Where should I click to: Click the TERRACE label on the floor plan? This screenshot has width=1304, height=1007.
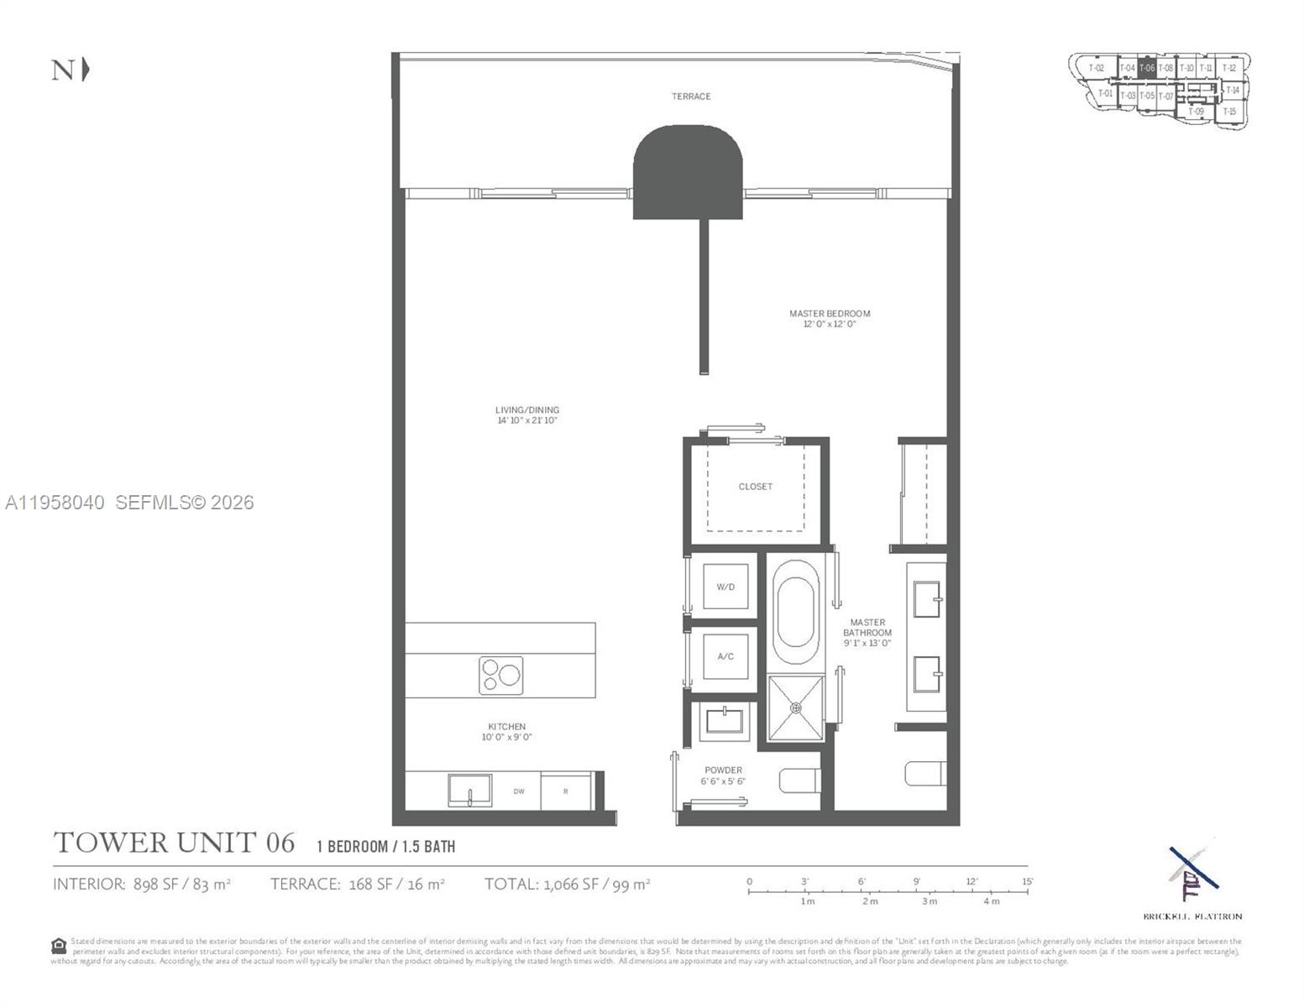pyautogui.click(x=690, y=97)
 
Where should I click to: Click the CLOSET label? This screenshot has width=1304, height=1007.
pyautogui.click(x=755, y=487)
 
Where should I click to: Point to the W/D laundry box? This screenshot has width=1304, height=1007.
pyautogui.click(x=725, y=587)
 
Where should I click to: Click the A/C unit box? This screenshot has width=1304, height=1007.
pyautogui.click(x=725, y=656)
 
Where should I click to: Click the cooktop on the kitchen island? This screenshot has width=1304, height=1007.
pyautogui.click(x=500, y=676)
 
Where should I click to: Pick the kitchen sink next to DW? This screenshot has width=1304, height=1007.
pyautogui.click(x=469, y=790)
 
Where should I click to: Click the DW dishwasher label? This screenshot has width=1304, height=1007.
pyautogui.click(x=519, y=791)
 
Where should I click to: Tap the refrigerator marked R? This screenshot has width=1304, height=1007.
pyautogui.click(x=566, y=791)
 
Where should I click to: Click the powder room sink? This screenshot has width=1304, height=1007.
pyautogui.click(x=725, y=721)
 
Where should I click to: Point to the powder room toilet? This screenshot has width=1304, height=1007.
pyautogui.click(x=799, y=780)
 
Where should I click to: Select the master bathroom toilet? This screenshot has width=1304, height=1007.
pyautogui.click(x=926, y=773)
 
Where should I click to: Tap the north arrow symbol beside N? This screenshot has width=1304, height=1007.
pyautogui.click(x=86, y=70)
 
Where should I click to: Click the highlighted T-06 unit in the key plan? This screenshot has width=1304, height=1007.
pyautogui.click(x=1147, y=68)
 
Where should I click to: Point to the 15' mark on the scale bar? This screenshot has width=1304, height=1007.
pyautogui.click(x=1027, y=882)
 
